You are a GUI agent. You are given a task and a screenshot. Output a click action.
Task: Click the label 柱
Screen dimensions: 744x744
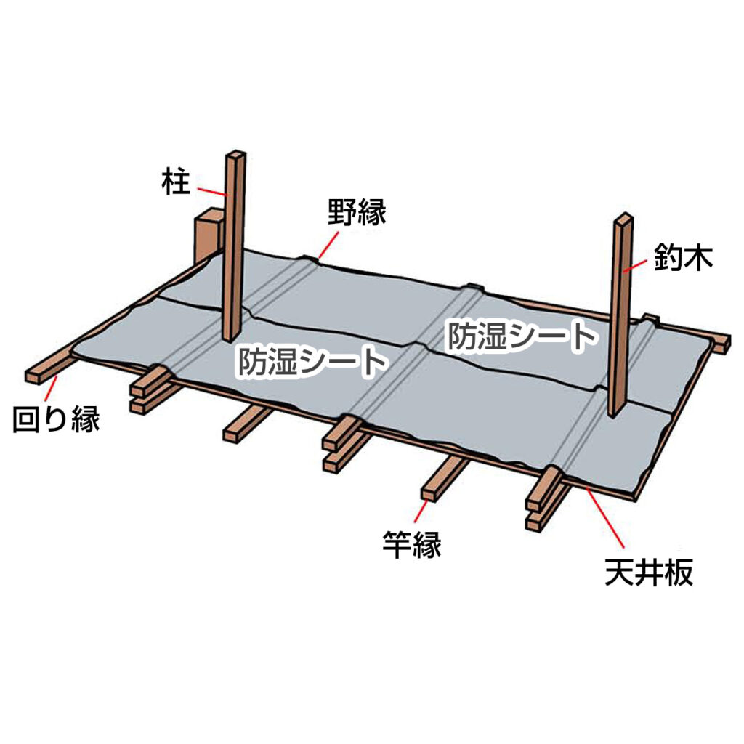(176, 181)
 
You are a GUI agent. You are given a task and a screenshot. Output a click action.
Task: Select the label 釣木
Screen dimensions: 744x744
(683, 258)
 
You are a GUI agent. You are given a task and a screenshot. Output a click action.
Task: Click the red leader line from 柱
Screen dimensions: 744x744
(211, 192)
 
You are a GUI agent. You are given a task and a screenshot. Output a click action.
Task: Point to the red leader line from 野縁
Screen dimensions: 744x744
(329, 244)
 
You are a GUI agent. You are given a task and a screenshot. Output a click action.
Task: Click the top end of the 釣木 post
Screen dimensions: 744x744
(624, 217)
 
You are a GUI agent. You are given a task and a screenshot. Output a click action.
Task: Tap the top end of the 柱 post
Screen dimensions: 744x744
(236, 154)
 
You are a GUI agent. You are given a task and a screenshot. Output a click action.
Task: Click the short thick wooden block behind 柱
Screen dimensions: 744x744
(208, 236)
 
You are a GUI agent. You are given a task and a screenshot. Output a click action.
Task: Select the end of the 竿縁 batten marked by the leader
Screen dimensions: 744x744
(429, 494)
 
